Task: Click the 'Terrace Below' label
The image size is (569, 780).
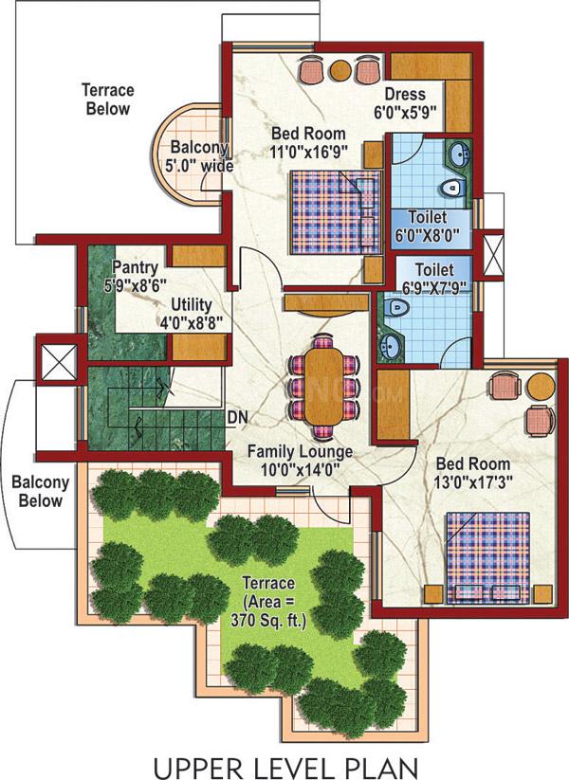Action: coord(108,100)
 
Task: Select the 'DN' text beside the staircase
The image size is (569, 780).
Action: coord(237,418)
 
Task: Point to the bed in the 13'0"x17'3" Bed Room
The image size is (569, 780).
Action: coord(487,557)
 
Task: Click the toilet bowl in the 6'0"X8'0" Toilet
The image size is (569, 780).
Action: coord(453,188)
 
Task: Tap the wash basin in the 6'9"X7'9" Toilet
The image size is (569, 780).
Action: coord(391,344)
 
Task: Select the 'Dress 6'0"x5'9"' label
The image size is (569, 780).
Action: coord(405,103)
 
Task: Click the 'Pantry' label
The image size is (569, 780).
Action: coord(135,267)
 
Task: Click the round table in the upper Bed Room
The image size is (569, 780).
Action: coord(340,70)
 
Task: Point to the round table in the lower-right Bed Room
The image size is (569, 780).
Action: coord(541,387)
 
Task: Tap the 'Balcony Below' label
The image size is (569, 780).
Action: coord(41,492)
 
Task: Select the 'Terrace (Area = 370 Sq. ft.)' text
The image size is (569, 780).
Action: coord(268,602)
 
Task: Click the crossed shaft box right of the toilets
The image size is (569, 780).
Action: coord(493,253)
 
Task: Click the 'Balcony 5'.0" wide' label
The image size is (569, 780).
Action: coord(201,156)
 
